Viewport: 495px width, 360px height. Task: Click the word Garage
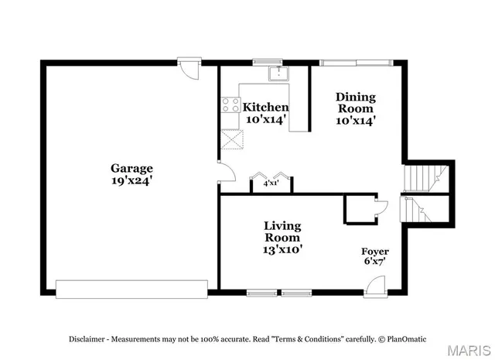pos(131,168)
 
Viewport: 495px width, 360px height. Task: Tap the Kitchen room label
pos(266,107)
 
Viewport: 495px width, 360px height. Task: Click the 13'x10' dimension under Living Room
pos(282,249)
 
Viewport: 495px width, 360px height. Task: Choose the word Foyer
pos(375,252)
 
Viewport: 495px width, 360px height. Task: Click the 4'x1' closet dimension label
pos(271,184)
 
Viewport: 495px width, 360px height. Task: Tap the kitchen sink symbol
pos(278,74)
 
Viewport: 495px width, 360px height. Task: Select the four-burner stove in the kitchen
pos(230,105)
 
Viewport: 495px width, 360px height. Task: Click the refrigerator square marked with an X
pos(230,139)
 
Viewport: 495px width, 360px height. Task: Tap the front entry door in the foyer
pos(374,286)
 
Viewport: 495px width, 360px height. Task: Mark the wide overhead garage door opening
pos(131,290)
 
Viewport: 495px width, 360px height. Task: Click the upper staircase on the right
pos(425,177)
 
